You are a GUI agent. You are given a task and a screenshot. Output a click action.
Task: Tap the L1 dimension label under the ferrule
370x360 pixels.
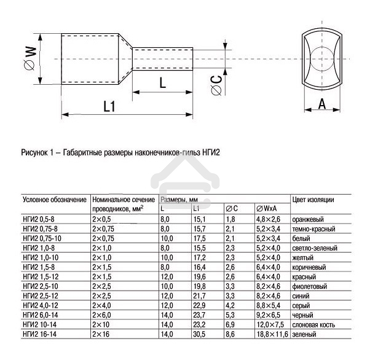(x=109, y=106)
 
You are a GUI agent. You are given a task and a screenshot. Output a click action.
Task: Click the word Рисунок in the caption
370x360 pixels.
(x=36, y=151)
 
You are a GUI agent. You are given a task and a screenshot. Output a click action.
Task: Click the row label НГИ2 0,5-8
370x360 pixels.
(x=42, y=219)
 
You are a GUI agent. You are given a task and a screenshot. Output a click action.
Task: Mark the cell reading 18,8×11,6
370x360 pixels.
(x=272, y=334)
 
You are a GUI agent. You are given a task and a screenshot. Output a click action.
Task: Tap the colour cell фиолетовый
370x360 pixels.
(x=311, y=286)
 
